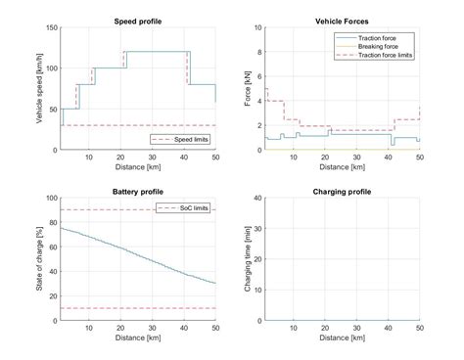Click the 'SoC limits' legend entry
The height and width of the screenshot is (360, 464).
(x=192, y=208)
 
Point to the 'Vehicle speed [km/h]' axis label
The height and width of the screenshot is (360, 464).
(x=39, y=89)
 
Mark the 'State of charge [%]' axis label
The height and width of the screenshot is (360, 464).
(x=39, y=258)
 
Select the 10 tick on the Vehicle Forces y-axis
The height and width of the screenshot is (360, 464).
(x=257, y=27)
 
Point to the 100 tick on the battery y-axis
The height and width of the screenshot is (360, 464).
(x=53, y=198)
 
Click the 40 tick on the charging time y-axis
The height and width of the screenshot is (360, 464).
(x=257, y=198)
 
